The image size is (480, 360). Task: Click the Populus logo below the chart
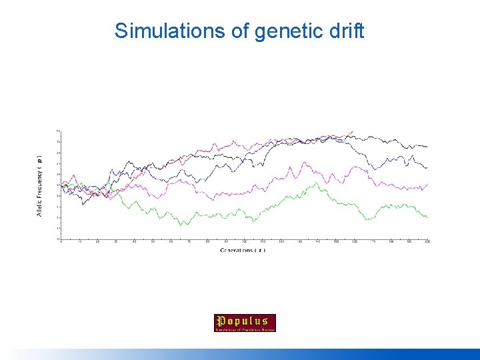tap(245, 323)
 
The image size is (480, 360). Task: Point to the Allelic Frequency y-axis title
tap(39, 187)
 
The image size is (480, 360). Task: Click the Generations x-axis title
tap(243, 250)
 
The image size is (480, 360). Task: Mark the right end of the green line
tap(427, 217)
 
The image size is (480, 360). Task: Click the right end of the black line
tap(427, 146)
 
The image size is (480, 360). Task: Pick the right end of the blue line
tap(427, 167)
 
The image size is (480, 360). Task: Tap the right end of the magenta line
tap(427, 184)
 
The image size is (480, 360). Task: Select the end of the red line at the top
tap(353, 131)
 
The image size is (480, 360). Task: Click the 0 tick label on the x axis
tap(61, 241)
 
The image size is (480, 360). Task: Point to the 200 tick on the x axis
tap(427, 241)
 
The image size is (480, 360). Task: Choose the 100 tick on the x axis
tap(244, 241)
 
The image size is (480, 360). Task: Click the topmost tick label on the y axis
tap(58, 131)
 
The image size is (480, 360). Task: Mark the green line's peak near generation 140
tap(319, 182)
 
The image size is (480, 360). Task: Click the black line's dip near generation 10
tap(83, 204)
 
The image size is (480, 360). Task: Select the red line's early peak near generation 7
tap(73, 176)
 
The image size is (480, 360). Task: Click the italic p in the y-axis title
tap(39, 161)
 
